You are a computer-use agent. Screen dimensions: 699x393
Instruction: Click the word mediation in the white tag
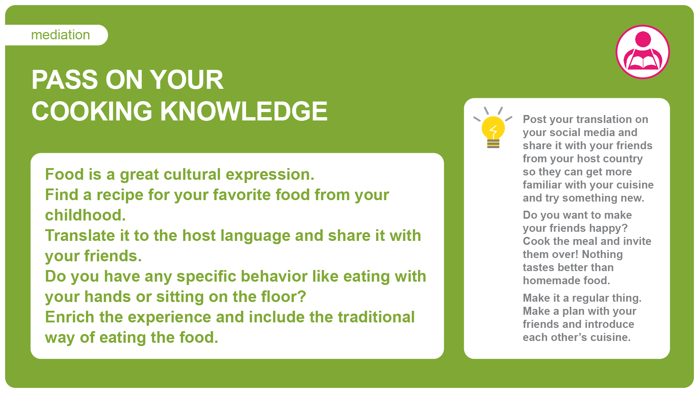pyautogui.click(x=60, y=35)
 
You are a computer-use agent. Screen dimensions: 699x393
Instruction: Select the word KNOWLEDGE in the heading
pyautogui.click(x=244, y=111)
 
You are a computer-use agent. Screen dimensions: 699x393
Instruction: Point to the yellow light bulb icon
pyautogui.click(x=493, y=128)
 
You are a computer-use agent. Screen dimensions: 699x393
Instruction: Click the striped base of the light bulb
pyautogui.click(x=493, y=144)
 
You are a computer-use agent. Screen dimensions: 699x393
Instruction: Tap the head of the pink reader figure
pyautogui.click(x=643, y=39)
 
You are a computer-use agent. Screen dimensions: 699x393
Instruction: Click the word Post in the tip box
pyautogui.click(x=534, y=119)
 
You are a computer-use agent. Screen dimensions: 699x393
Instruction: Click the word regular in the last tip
pyautogui.click(x=591, y=298)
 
